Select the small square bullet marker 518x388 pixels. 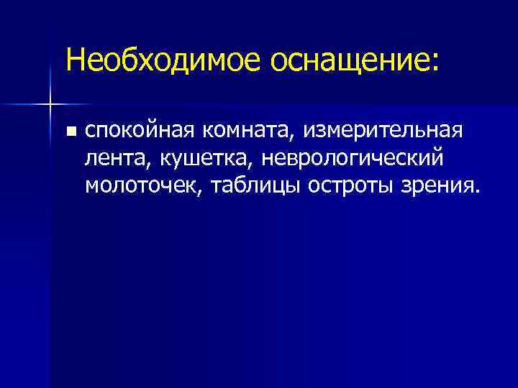70,132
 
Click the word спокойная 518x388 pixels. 137,132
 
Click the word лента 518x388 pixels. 113,159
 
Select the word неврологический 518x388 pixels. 355,159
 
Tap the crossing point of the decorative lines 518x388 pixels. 50,106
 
